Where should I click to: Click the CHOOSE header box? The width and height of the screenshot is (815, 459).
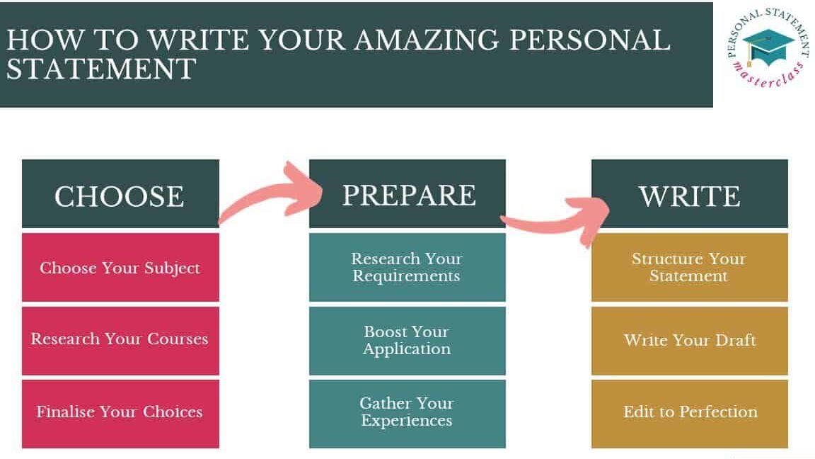click(120, 193)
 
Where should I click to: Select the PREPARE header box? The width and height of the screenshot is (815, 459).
click(407, 193)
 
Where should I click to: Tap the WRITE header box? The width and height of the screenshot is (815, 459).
click(690, 193)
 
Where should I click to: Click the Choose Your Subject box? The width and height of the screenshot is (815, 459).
click(120, 267)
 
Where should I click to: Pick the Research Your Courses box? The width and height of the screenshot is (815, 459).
click(120, 340)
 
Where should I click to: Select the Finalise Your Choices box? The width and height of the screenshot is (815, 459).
click(120, 414)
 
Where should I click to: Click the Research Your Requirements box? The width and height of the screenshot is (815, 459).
click(407, 267)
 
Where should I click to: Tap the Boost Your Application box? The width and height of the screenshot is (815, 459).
click(407, 340)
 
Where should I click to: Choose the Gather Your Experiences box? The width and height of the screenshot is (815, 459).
click(407, 414)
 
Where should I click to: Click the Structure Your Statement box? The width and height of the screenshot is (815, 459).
click(690, 267)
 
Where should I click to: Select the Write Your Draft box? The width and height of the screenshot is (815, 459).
click(690, 340)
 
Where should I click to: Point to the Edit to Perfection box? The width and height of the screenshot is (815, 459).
click(690, 414)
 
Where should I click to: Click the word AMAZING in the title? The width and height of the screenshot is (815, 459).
click(426, 40)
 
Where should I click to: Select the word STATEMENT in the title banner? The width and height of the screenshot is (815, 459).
click(101, 69)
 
